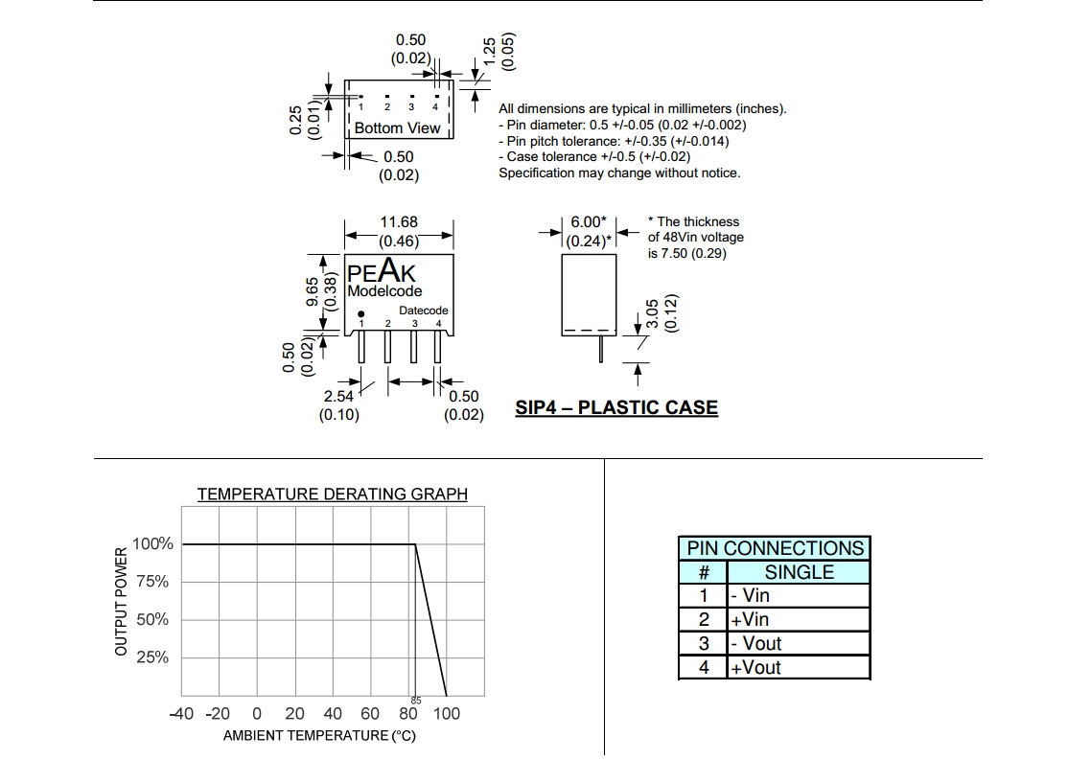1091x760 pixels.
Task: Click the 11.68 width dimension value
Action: tap(399, 221)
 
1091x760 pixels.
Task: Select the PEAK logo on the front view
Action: tap(382, 273)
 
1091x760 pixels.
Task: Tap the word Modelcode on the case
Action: tap(384, 291)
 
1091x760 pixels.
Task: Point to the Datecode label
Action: tap(424, 311)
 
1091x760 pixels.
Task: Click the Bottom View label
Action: tap(397, 127)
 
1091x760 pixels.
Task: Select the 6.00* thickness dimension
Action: tap(588, 222)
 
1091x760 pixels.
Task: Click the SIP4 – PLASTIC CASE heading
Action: tap(616, 407)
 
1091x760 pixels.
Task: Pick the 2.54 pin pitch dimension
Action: tap(338, 396)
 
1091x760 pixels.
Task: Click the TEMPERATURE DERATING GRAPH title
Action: tap(333, 495)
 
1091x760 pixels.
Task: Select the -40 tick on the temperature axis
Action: tap(181, 713)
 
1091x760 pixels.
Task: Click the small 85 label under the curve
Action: tap(416, 701)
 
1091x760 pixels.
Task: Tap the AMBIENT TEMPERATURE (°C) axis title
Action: tap(319, 736)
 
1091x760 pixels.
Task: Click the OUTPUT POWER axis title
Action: tap(121, 602)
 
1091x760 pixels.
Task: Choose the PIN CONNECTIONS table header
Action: tap(775, 548)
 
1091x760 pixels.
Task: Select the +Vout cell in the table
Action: tap(756, 668)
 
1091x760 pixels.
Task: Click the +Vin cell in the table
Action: tap(750, 620)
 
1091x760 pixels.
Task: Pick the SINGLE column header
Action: tap(799, 572)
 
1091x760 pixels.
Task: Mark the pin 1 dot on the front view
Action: tap(361, 314)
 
